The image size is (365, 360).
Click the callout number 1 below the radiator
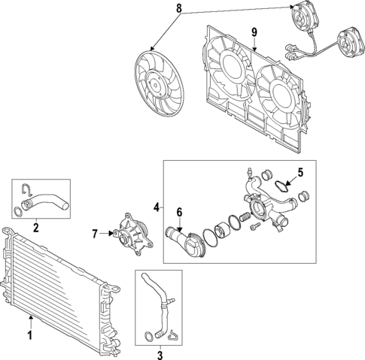point(30,335)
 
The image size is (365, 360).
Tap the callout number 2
point(36,227)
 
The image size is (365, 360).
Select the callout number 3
point(160,355)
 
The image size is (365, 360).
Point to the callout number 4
point(157,207)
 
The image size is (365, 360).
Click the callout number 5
point(300,172)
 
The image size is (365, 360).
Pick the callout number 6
point(179,212)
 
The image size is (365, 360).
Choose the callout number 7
point(95,234)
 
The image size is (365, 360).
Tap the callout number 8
point(178,8)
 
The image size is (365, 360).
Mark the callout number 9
point(254,32)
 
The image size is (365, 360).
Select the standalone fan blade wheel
point(159,83)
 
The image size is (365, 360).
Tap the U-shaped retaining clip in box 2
point(26,189)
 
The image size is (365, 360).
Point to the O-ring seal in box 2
point(17,212)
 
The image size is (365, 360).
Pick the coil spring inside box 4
point(245,216)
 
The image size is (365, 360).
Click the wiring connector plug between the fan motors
point(292,53)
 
